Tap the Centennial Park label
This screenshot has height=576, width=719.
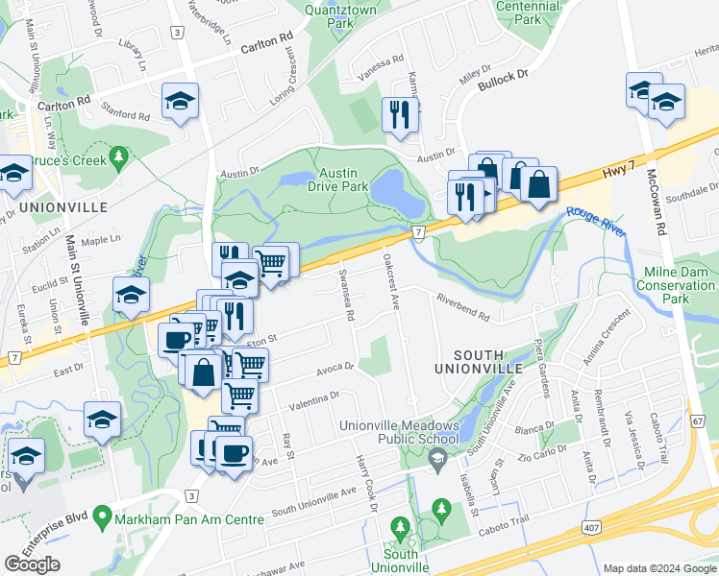point(527,12)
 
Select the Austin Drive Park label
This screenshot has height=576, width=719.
point(343,180)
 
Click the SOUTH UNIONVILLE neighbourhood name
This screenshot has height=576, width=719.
point(478,360)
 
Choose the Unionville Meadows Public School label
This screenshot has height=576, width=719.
point(397,433)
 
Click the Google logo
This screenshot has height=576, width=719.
point(32,564)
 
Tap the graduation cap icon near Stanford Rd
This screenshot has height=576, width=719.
point(180,102)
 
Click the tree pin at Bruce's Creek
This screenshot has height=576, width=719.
point(118,156)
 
